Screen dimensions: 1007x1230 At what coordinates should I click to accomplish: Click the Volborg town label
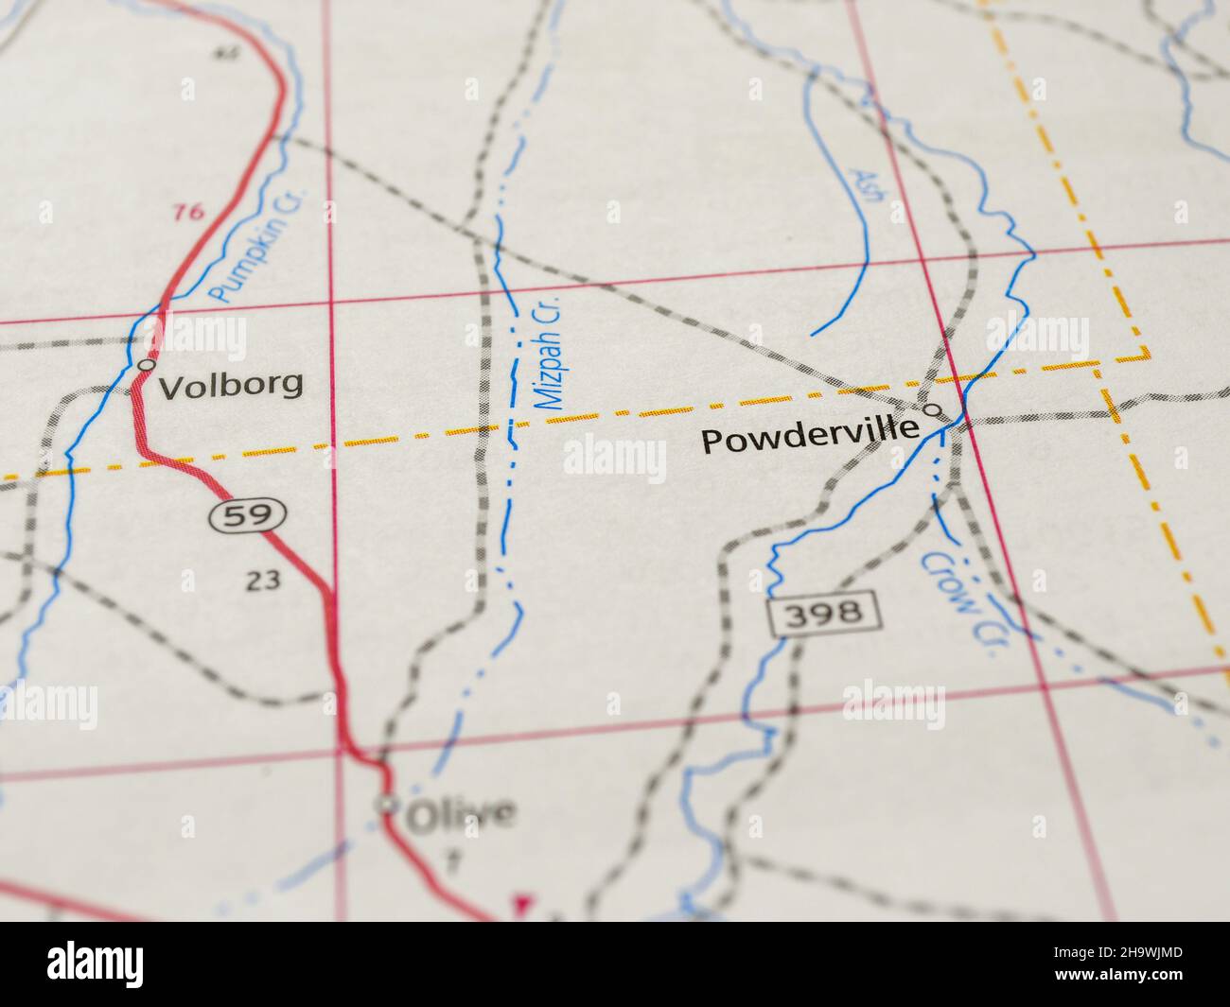pos(231,384)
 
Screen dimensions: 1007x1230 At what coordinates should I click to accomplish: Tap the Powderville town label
pos(811,438)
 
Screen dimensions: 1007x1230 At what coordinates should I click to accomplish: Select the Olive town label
pos(461,813)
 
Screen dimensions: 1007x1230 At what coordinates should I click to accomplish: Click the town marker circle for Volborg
pos(146,364)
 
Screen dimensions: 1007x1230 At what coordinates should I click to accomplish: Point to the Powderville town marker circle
pos(933,410)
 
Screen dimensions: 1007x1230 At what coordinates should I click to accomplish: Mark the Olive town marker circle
pos(385,805)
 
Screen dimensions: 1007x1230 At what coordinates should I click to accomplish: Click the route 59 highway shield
pos(249,515)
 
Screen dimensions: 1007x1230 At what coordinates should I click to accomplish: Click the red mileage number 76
pos(189,212)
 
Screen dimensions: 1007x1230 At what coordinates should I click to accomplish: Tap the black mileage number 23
pos(262,581)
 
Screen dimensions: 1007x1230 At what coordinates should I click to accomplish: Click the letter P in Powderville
pos(711,443)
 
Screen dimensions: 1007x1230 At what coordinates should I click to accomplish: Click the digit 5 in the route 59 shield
pos(239,515)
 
